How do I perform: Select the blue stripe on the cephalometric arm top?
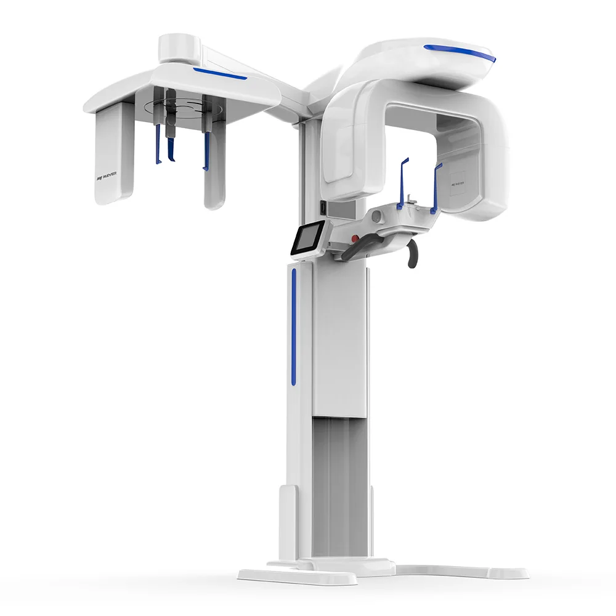pyautogui.click(x=219, y=74)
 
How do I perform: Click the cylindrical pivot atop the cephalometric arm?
pyautogui.click(x=178, y=47)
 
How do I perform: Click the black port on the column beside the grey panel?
pyautogui.click(x=322, y=209)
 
